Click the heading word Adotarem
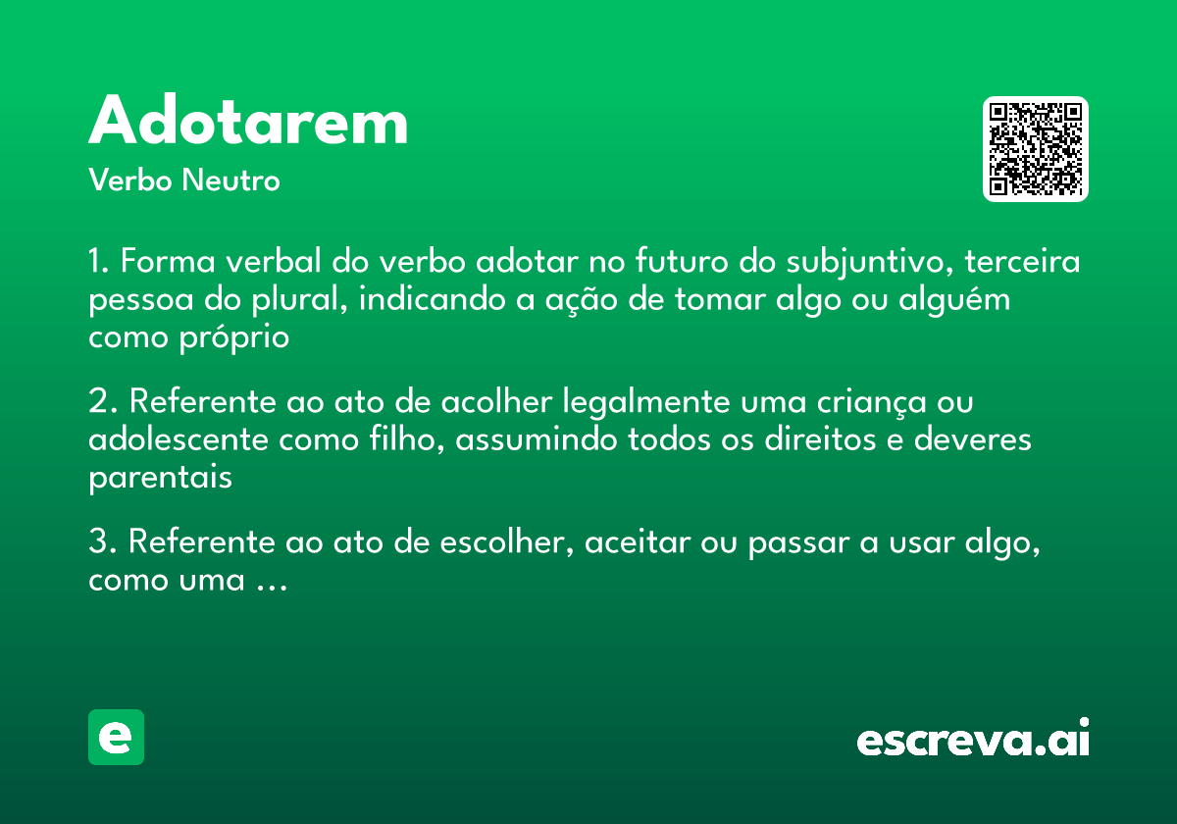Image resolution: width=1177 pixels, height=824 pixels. [x=248, y=123]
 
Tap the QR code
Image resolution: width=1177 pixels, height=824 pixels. [x=1036, y=149]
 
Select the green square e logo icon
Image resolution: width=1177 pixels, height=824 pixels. [x=116, y=737]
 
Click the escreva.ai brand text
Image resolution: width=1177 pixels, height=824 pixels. [x=973, y=740]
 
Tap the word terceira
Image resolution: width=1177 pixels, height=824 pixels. [x=1023, y=263]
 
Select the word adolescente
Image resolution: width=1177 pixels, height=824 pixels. [x=179, y=439]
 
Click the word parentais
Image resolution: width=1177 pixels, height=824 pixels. [x=160, y=478]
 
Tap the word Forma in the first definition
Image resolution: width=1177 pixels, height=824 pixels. [x=162, y=263]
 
